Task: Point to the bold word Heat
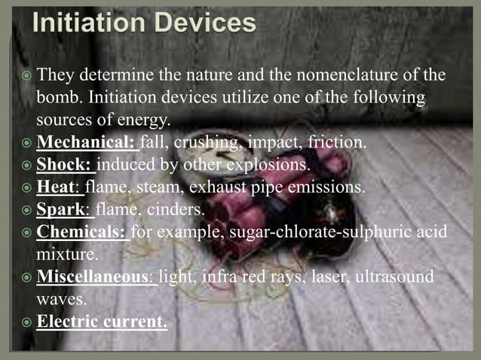click(57, 186)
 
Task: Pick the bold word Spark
click(61, 209)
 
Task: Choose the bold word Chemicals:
click(81, 231)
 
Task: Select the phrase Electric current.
click(102, 322)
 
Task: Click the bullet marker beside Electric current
click(26, 322)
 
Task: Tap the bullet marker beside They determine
click(26, 76)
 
